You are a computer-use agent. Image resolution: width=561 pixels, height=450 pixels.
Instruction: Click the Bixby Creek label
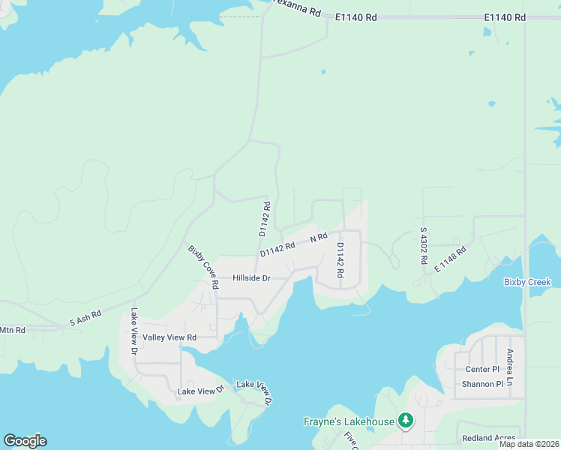(x=527, y=282)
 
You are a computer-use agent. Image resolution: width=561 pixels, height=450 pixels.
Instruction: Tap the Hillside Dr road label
(x=251, y=277)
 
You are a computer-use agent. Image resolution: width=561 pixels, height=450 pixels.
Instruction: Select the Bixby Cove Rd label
(x=202, y=266)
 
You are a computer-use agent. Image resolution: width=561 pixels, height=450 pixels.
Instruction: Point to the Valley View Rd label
(x=169, y=337)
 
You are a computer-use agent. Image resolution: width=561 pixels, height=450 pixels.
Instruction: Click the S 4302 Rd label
(x=424, y=245)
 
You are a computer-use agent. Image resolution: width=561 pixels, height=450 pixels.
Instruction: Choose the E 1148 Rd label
(x=450, y=259)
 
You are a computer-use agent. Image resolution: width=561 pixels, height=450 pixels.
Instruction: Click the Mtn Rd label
(x=12, y=330)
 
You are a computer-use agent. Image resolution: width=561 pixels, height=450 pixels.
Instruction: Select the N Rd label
(x=319, y=237)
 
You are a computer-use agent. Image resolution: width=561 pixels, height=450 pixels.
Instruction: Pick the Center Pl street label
(x=482, y=369)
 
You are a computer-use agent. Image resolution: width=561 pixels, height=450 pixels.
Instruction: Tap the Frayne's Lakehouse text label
(x=349, y=421)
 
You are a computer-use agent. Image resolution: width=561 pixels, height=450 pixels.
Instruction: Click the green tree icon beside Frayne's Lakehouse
(x=406, y=421)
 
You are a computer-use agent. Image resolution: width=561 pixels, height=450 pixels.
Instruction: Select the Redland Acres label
(x=489, y=438)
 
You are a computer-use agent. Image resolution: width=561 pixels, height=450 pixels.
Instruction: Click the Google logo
(x=25, y=440)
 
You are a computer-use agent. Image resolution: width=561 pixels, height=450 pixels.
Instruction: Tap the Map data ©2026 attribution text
(x=528, y=444)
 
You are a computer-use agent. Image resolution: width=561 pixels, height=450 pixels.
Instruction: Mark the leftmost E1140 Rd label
(x=355, y=16)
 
